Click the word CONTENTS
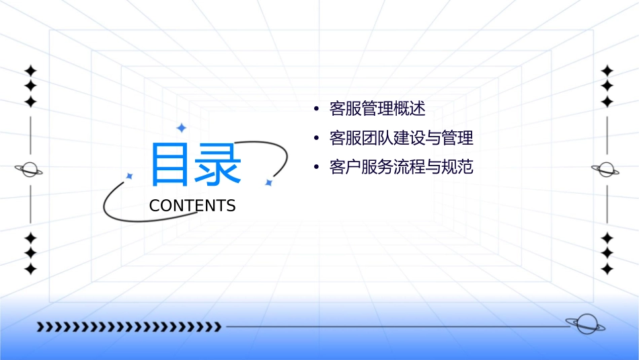click(192, 206)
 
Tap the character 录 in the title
click(218, 164)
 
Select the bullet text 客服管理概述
click(377, 108)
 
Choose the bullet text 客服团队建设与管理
click(402, 138)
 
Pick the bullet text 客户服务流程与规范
click(402, 168)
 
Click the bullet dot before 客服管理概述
click(315, 109)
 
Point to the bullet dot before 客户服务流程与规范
click(315, 168)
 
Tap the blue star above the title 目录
click(181, 127)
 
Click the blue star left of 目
click(130, 176)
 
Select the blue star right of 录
click(268, 182)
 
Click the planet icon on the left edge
click(30, 170)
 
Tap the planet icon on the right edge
click(607, 169)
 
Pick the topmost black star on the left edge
click(30, 71)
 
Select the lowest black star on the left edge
click(30, 268)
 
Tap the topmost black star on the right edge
click(607, 71)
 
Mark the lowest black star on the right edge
click(607, 268)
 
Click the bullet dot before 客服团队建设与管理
click(315, 139)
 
